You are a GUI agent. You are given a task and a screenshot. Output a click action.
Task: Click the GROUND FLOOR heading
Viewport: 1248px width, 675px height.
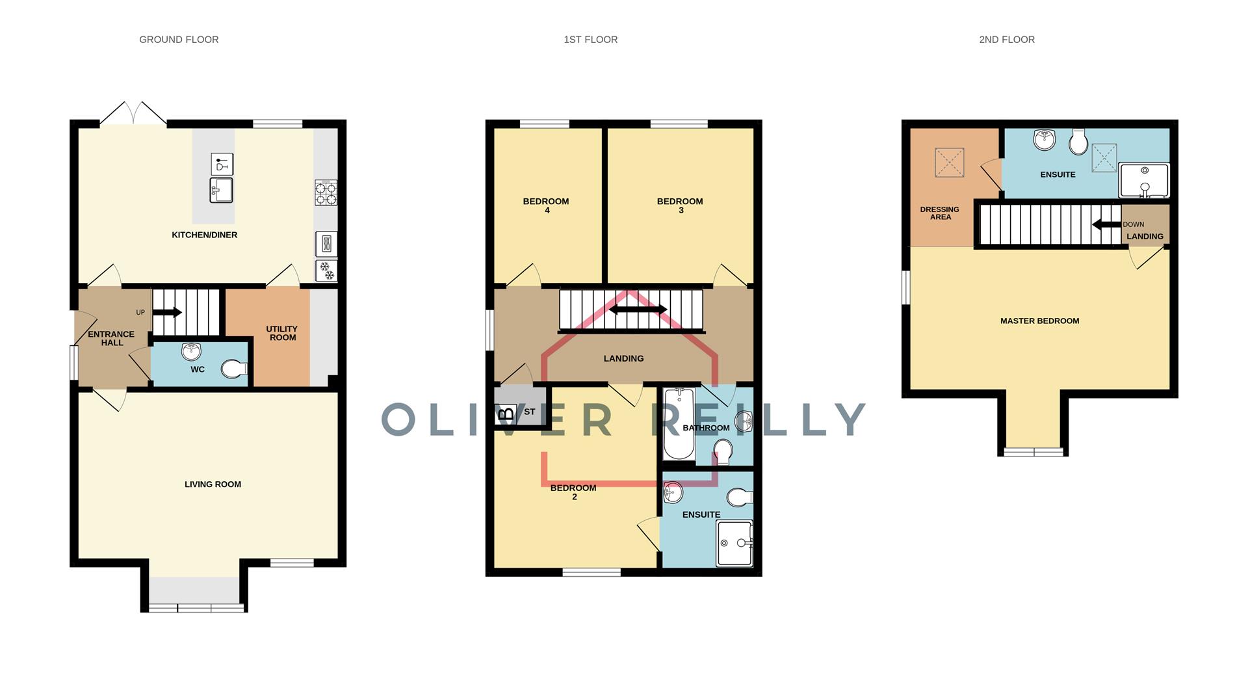click(179, 40)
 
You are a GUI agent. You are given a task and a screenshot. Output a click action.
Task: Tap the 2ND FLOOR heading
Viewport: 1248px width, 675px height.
click(1006, 40)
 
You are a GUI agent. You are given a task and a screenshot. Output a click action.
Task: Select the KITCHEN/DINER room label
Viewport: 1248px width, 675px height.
click(204, 235)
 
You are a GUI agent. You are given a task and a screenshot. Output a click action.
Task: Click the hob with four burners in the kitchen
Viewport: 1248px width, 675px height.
click(326, 193)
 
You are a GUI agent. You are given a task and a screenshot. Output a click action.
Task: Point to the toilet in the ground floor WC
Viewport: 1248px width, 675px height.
click(234, 369)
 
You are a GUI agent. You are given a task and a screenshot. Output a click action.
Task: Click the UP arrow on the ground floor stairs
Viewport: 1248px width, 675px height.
click(168, 312)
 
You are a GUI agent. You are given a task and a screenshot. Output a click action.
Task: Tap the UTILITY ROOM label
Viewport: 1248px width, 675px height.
click(281, 333)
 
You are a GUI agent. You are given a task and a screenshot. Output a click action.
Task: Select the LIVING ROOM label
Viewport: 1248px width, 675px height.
click(213, 484)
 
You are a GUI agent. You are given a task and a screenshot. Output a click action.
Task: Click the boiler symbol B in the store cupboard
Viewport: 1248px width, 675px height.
click(506, 413)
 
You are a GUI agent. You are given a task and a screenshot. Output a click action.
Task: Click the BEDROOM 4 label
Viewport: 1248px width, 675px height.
click(546, 205)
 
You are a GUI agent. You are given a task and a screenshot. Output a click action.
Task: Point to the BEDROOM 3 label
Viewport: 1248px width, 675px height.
click(680, 205)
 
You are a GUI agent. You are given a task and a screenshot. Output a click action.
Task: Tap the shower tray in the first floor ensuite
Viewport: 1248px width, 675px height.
click(734, 543)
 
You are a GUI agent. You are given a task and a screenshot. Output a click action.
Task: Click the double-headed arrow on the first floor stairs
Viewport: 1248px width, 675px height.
click(638, 310)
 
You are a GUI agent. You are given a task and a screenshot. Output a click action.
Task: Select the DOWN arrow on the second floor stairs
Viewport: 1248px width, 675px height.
click(1106, 225)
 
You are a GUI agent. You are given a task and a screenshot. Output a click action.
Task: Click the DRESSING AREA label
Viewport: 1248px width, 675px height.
click(940, 213)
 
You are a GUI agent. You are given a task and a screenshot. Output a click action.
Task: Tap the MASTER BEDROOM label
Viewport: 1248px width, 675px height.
click(1039, 321)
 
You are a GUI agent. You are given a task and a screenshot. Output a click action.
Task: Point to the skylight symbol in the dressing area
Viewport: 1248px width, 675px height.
click(949, 163)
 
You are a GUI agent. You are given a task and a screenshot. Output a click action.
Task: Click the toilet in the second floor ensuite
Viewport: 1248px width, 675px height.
click(1078, 141)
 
